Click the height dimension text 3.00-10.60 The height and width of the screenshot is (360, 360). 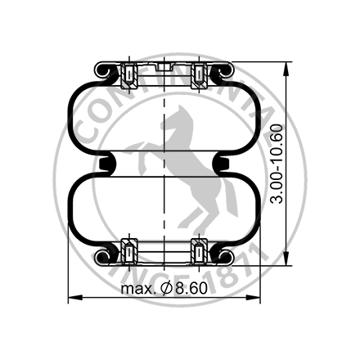coord(279,164)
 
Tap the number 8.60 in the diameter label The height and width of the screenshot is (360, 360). coord(190,290)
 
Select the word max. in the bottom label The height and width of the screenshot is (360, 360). coord(137,290)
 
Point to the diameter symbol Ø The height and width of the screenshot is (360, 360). coord(164,290)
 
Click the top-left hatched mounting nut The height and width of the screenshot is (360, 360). coord(128,77)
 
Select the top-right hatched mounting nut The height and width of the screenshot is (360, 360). coord(199,77)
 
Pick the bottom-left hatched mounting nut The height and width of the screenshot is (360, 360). coord(128,251)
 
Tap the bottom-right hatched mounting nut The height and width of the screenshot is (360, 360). coord(199,251)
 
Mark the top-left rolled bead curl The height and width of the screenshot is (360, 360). coord(104,72)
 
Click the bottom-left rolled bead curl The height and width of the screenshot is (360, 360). coord(104,256)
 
